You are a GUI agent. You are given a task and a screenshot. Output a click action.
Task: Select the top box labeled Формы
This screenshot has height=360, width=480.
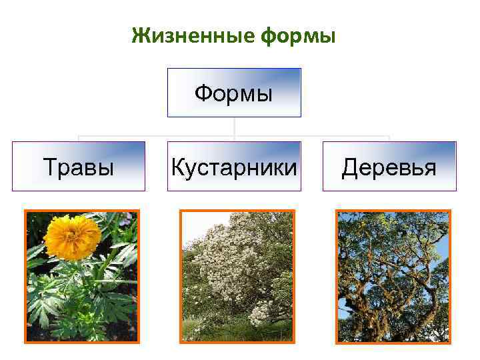tap(234, 93)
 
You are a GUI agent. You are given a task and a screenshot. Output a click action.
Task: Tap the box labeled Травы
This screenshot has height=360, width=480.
tap(79, 167)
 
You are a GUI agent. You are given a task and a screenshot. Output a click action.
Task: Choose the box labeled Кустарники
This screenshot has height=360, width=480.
tap(234, 167)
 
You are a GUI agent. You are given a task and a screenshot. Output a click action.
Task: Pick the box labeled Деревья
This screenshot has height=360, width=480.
tap(389, 167)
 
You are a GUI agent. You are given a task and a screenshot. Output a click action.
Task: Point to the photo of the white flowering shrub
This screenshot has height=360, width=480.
tap(237, 277)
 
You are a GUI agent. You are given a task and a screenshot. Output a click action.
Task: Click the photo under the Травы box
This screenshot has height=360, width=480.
tap(82, 277)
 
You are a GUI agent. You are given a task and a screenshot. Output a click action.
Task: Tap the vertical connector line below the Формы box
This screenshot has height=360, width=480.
tap(234, 128)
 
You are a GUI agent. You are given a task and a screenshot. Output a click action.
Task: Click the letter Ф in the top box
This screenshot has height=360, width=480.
tap(203, 93)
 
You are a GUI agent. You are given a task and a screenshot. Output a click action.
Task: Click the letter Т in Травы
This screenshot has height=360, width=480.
tap(49, 167)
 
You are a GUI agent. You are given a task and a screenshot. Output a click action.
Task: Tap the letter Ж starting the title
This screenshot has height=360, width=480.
tap(138, 36)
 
